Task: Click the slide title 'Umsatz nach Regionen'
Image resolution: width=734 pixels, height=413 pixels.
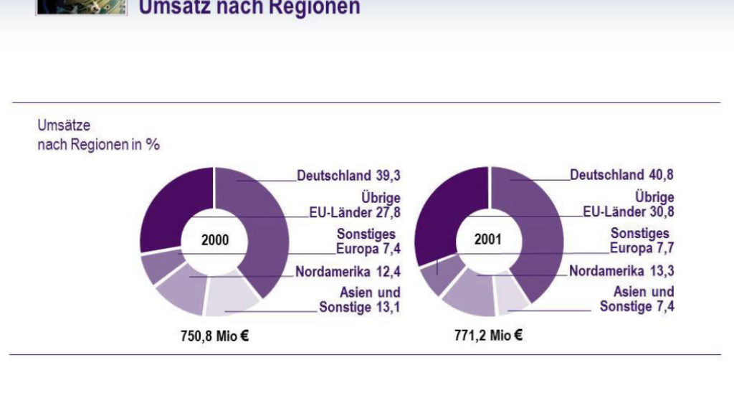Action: tap(249, 8)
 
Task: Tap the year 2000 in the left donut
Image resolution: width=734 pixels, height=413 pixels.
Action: tap(214, 240)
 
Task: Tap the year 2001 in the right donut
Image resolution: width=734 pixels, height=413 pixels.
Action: tap(488, 239)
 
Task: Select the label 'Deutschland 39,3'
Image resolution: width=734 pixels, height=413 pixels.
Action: tap(348, 176)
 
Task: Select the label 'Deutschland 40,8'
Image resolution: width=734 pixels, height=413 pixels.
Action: tap(621, 175)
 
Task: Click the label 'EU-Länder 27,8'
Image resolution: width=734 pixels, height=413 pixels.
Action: tap(350, 213)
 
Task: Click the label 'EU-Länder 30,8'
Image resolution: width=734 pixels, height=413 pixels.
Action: tap(628, 212)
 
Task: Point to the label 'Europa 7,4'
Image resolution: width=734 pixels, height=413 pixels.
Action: tap(368, 250)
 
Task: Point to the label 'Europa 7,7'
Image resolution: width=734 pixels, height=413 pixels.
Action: tap(642, 249)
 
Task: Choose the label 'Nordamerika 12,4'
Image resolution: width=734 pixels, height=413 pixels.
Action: tap(348, 272)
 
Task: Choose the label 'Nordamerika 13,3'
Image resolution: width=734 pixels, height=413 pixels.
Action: tap(621, 271)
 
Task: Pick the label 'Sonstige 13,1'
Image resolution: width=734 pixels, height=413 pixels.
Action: tap(359, 308)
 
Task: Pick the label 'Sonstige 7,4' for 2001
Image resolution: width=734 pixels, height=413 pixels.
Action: tap(637, 306)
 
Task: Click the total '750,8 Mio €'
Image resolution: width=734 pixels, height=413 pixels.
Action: tap(214, 335)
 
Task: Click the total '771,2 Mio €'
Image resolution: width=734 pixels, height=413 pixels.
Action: tap(488, 334)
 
